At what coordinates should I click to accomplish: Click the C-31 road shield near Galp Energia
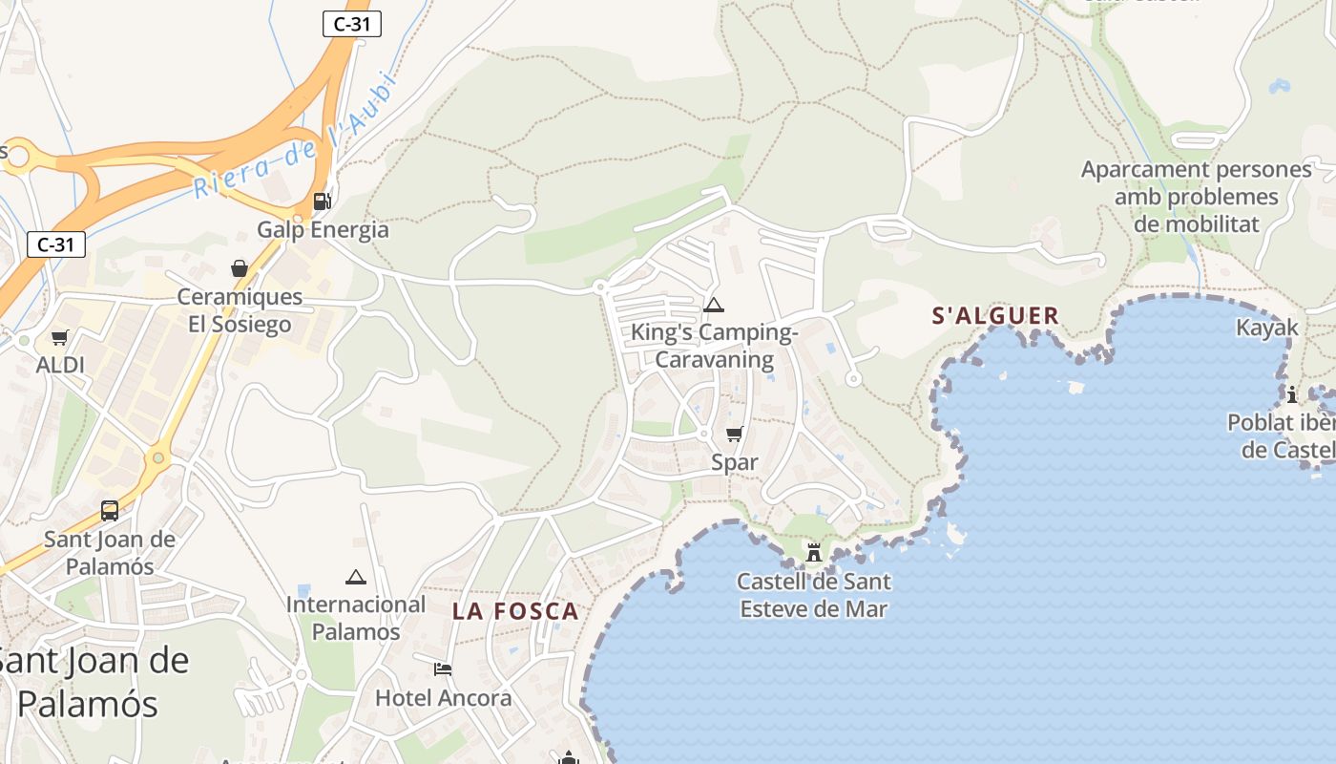pos(352,24)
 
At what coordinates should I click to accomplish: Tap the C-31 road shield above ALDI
pos(55,244)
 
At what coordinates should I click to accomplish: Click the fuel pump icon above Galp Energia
pos(323,201)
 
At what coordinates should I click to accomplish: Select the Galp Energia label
pos(323,229)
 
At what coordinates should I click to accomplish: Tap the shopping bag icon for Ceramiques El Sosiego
pos(239,268)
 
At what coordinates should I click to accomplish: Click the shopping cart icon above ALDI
pos(60,337)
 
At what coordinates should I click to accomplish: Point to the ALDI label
pos(60,365)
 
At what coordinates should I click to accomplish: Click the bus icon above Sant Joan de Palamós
pos(110,511)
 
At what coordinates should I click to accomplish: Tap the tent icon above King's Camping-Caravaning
pos(713,306)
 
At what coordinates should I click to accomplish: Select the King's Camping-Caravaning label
pos(714,346)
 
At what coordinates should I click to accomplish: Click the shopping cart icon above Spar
pos(734,435)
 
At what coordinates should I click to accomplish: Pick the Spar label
pos(735,462)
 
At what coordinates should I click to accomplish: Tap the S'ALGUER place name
pos(995,316)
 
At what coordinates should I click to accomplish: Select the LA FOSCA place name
pos(515,611)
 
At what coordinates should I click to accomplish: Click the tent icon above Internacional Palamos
pos(356,577)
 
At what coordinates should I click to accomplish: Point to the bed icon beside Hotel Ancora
pos(442,668)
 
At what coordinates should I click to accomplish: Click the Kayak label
pos(1267,328)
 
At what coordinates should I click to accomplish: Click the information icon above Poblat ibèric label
pos(1292,394)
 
